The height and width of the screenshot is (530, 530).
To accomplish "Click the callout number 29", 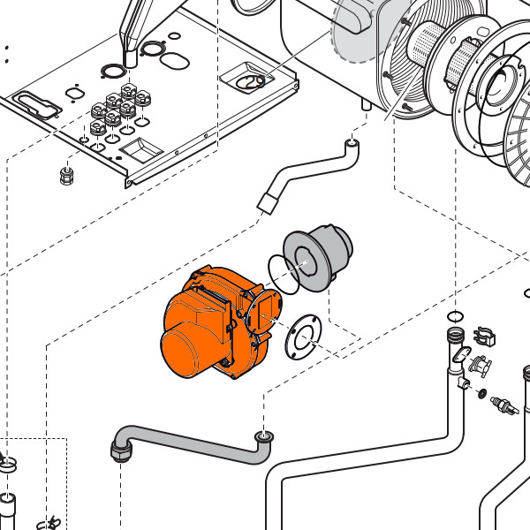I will (255, 81).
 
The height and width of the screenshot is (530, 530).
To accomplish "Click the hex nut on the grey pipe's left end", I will (119, 452).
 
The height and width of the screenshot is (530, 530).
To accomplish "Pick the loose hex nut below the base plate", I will (65, 174).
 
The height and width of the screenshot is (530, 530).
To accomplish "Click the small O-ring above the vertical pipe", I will (454, 316).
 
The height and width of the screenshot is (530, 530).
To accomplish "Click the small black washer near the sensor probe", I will (481, 391).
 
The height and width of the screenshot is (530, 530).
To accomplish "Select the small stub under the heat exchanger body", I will (365, 103).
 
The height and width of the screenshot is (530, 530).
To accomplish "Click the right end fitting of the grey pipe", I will (262, 435).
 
